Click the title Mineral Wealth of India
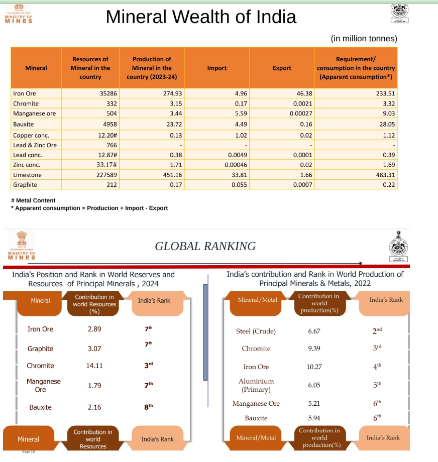[x=201, y=17]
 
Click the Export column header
[x=282, y=68]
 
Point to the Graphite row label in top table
[x=25, y=184]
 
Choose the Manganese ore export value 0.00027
[x=301, y=113]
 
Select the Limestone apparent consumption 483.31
[x=384, y=175]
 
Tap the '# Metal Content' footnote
[x=33, y=200]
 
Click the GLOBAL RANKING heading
[x=205, y=246]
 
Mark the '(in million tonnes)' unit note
[x=364, y=38]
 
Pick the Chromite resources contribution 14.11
[x=94, y=366]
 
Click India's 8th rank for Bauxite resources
[x=148, y=407]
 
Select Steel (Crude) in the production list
[x=256, y=331]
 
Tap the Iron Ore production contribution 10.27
[x=314, y=367]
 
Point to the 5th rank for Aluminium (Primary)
[x=377, y=385]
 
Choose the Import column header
[x=217, y=68]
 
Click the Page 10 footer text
[x=29, y=451]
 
